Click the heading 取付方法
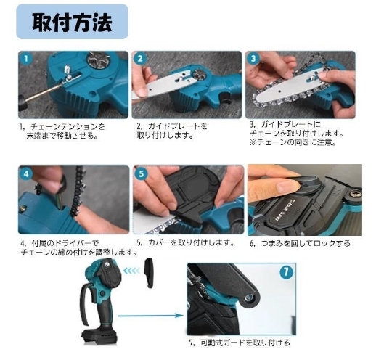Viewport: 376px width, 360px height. [72, 22]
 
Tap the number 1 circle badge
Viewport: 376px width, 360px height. [26, 59]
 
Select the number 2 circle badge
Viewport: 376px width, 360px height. [140, 59]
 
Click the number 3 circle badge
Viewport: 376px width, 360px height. [253, 59]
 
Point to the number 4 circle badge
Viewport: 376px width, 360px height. [26, 173]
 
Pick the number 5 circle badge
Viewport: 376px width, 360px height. [142, 173]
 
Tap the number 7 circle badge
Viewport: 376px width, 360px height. [286, 272]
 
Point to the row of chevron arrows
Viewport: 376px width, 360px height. [131, 271]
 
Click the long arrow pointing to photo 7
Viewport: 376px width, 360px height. [151, 315]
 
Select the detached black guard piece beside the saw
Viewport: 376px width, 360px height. [149, 273]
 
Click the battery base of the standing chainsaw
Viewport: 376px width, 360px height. [99, 335]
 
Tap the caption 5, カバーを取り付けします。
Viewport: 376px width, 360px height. [185, 242]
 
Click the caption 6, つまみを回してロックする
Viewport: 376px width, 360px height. [300, 243]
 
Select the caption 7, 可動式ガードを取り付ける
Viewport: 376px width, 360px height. [240, 343]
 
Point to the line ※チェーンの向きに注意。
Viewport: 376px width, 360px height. [293, 142]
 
